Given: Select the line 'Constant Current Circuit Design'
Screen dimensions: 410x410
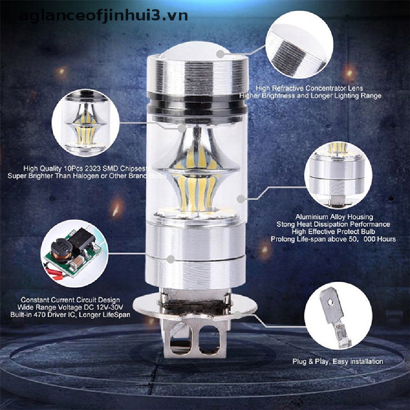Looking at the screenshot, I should click(x=70, y=299).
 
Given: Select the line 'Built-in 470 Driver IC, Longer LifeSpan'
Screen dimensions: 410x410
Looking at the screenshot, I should click(x=70, y=315).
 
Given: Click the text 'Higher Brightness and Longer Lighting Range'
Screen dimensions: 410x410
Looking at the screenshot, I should click(x=310, y=96).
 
